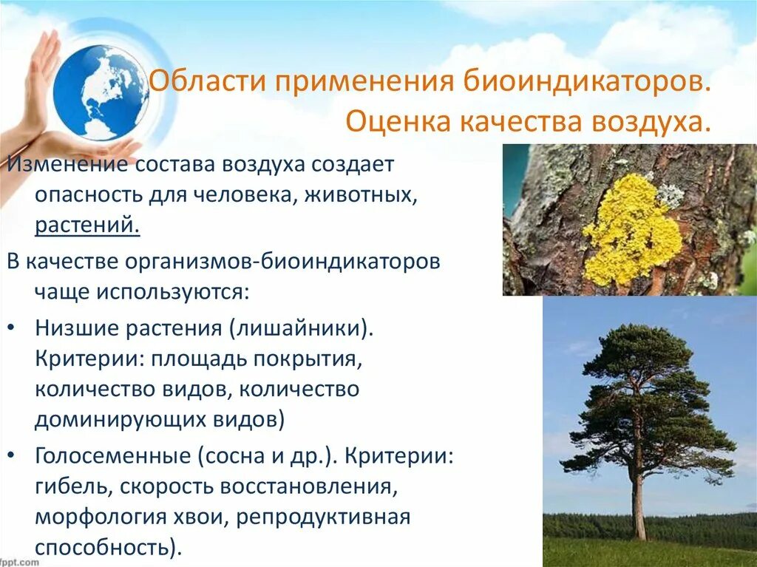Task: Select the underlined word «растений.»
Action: pyautogui.click(x=87, y=224)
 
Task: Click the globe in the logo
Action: pyautogui.click(x=100, y=92)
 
